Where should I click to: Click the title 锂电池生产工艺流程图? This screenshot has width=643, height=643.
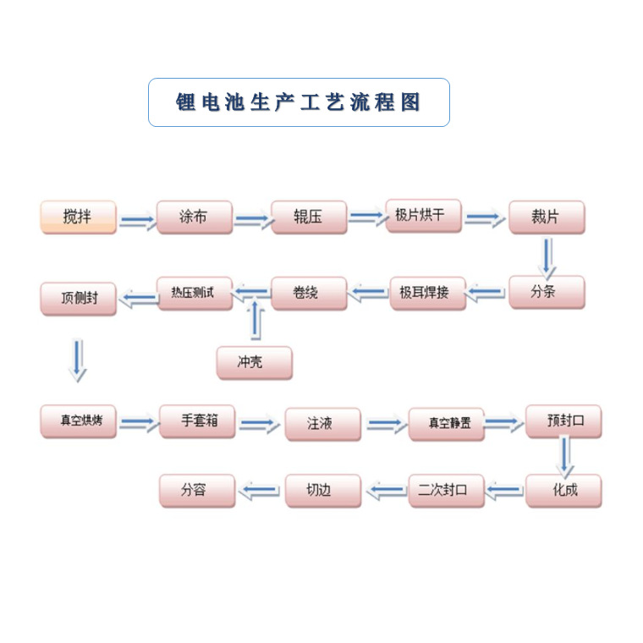pos(299,102)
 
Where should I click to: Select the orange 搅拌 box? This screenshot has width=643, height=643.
pos(78,217)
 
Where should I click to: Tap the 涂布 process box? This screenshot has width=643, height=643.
pos(194,217)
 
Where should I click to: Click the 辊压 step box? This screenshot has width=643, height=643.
pos(309,217)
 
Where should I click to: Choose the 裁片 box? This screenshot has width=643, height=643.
pos(546,217)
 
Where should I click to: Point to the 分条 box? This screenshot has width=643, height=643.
pos(546,293)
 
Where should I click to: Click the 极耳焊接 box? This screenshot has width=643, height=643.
pos(427,294)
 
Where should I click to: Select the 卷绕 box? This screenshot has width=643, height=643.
pos(309,294)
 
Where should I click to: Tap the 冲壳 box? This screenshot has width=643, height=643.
pos(254,362)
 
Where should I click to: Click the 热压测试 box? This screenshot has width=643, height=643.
pos(194,293)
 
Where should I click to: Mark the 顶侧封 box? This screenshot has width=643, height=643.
pos(78,299)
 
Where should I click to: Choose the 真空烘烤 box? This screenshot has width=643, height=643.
pos(78,420)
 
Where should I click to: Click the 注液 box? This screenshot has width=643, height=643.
pos(322,424)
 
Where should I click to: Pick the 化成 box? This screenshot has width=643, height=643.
pos(563,490)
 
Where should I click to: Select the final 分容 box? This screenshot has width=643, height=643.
pos(197,490)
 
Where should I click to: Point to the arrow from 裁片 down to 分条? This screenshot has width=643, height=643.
pos(548,256)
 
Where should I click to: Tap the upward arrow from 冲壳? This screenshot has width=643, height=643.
pos(255,324)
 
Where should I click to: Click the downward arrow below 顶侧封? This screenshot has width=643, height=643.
pos(78,359)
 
